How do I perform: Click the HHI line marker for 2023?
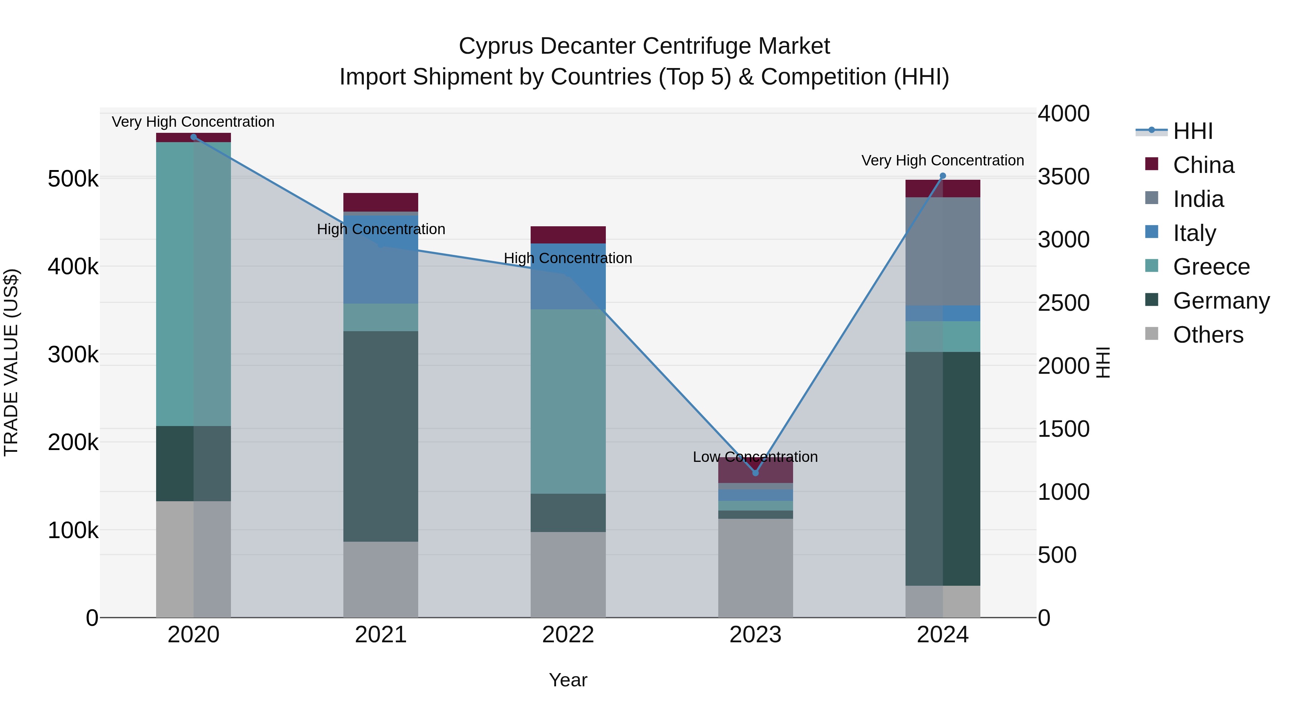(755, 473)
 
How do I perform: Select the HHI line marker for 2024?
(943, 176)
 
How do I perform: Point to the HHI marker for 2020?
(194, 137)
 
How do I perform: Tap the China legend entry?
(1203, 165)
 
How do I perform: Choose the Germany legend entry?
(1221, 301)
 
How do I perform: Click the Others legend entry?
(1208, 335)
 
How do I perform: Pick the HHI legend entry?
(1192, 131)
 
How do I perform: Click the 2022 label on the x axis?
(568, 635)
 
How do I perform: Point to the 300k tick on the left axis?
(73, 355)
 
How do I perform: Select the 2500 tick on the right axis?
(1063, 303)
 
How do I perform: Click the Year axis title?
(568, 680)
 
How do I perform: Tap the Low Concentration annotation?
(755, 457)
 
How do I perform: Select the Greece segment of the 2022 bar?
(568, 401)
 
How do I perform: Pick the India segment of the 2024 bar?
(943, 251)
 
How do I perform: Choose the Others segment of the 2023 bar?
(755, 568)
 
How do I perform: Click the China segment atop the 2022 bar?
(568, 235)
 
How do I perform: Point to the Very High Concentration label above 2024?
(942, 161)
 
